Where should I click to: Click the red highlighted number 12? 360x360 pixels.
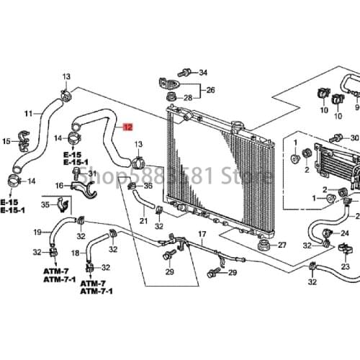(127, 127)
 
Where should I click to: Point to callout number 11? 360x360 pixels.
(29, 114)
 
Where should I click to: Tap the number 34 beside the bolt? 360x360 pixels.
(202, 73)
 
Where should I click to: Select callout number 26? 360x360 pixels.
(211, 91)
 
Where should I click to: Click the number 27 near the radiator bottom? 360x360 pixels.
(282, 245)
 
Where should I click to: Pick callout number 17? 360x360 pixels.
(202, 235)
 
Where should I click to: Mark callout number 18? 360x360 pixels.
(76, 253)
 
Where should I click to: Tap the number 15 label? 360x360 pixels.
(6, 142)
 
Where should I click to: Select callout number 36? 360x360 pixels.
(148, 186)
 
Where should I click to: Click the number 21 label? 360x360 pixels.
(143, 221)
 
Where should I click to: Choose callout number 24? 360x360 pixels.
(345, 234)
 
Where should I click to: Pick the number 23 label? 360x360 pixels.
(345, 267)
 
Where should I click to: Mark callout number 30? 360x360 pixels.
(354, 138)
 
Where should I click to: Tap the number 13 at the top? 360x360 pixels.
(66, 77)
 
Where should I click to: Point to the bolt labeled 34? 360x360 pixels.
(186, 73)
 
